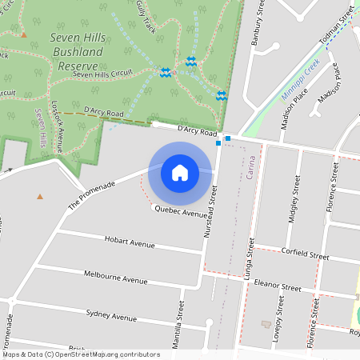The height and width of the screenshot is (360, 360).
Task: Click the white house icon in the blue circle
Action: pyautogui.click(x=180, y=172)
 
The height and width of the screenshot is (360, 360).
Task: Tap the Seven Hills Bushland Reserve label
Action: pyautogui.click(x=74, y=52)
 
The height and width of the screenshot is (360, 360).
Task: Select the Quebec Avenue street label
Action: pyautogui.click(x=180, y=210)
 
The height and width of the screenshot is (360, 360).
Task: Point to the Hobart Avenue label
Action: pyautogui.click(x=130, y=240)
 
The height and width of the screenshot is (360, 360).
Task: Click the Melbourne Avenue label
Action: pyautogui.click(x=116, y=277)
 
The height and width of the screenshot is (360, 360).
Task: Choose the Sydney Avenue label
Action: pyautogui.click(x=111, y=315)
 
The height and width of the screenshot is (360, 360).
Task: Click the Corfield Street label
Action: pyautogui.click(x=306, y=255)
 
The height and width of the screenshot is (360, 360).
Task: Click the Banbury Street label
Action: pyautogui.click(x=258, y=28)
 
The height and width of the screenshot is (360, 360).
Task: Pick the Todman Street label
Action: pyautogui.click(x=336, y=23)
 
